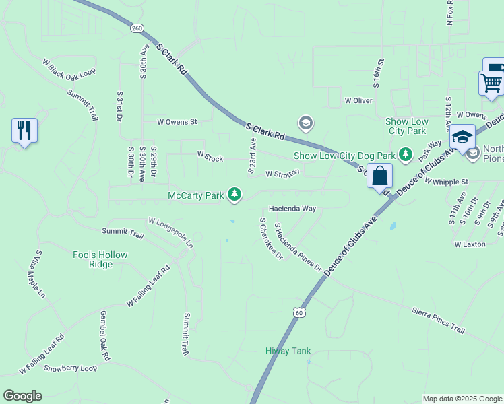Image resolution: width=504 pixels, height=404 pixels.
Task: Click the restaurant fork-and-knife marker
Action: pyautogui.click(x=24, y=131)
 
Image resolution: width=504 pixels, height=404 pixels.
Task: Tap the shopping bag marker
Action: pyautogui.click(x=379, y=176)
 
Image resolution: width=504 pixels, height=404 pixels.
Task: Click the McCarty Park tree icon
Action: pyautogui.click(x=234, y=195)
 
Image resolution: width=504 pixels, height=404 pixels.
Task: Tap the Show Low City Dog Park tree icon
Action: pyautogui.click(x=406, y=156)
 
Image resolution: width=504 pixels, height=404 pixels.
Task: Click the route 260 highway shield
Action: pyautogui.click(x=137, y=28)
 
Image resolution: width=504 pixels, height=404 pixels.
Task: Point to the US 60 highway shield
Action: pyautogui.click(x=300, y=312)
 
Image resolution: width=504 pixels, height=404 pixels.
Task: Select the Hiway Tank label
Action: pyautogui.click(x=288, y=351)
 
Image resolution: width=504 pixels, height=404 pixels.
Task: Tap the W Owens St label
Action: pyautogui.click(x=177, y=122)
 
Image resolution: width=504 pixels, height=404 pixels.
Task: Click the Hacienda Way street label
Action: pyautogui.click(x=292, y=209)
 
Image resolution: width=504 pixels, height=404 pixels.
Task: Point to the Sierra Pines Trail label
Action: pyautogui.click(x=438, y=320)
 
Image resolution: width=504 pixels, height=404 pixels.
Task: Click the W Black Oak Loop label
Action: pyautogui.click(x=69, y=69)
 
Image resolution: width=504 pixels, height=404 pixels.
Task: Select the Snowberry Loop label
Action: pyautogui.click(x=70, y=368)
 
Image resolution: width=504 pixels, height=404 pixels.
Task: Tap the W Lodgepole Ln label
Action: pyautogui.click(x=171, y=231)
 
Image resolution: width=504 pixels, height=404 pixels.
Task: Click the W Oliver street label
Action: pyautogui.click(x=358, y=100)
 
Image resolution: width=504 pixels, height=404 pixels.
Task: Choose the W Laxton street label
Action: pyautogui.click(x=470, y=244)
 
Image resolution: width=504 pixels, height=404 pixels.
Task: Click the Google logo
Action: pyautogui.click(x=23, y=396)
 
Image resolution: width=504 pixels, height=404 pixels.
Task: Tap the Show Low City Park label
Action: pyautogui.click(x=406, y=126)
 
